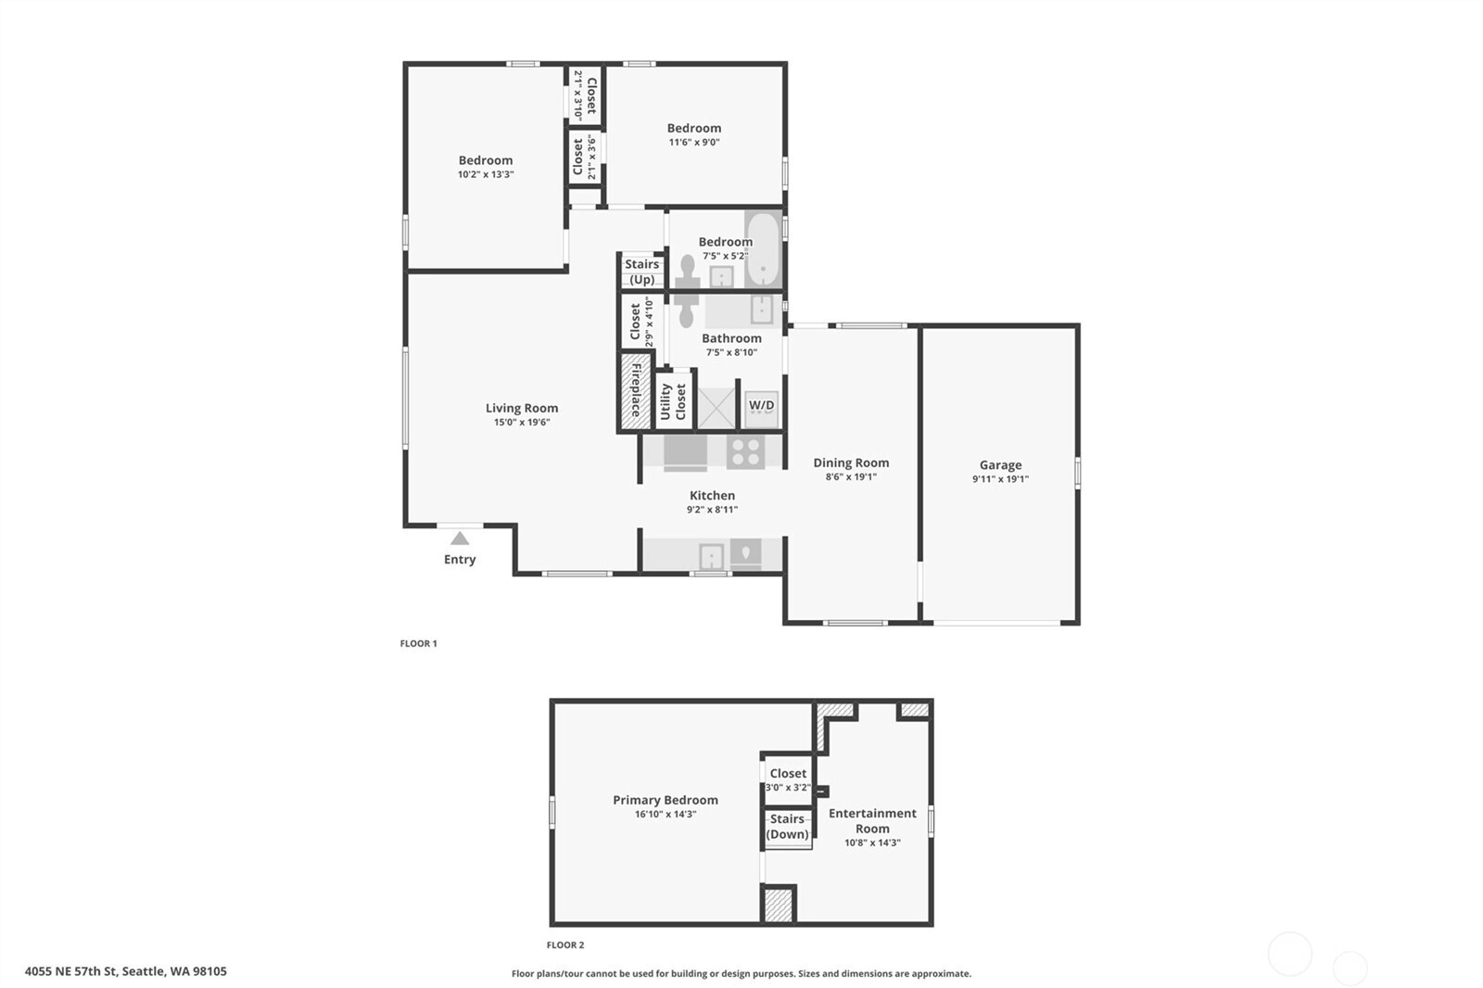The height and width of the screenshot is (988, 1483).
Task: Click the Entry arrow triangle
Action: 460,538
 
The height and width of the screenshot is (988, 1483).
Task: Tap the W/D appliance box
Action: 761,409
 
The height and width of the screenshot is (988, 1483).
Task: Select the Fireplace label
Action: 636,390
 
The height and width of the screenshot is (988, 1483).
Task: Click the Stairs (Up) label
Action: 641,272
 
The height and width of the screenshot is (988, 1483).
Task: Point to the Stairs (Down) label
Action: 787,827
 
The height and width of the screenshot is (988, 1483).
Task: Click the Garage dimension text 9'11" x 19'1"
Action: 1000,479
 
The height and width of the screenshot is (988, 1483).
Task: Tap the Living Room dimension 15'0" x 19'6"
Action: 522,422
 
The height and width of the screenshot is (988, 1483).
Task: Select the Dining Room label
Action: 851,462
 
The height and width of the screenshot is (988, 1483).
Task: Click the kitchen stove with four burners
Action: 745,451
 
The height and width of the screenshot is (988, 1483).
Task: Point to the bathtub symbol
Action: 764,249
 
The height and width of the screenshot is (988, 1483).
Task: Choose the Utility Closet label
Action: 673,401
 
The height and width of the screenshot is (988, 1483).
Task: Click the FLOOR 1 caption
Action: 418,643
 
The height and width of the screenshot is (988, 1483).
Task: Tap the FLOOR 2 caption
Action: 565,945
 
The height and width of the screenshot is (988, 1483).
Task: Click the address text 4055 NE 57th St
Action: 71,971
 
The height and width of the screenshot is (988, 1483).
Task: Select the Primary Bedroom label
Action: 665,800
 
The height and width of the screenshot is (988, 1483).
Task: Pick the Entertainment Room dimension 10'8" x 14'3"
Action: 872,843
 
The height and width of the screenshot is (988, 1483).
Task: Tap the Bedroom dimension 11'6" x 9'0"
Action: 694,142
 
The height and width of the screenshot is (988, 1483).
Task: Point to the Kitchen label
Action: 713,495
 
